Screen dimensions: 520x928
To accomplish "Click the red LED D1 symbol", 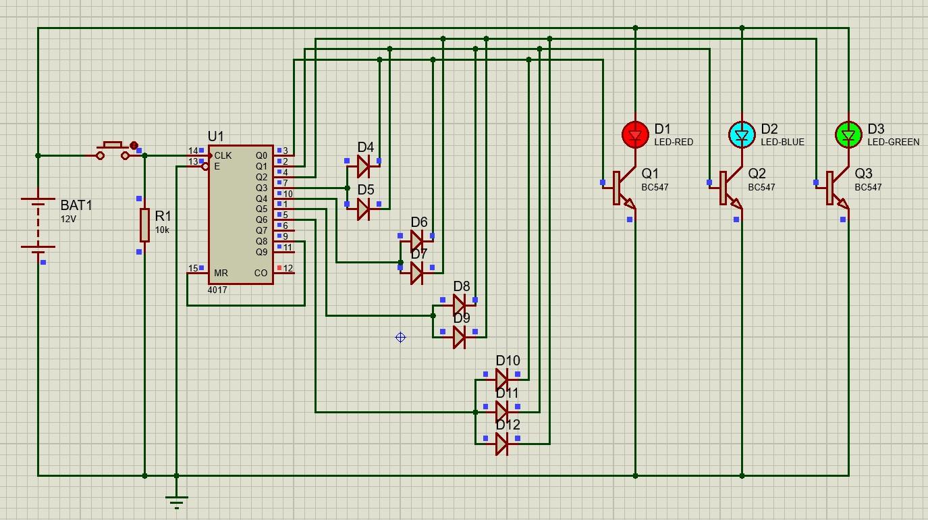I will [x=634, y=135].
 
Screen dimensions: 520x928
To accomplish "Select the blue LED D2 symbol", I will [x=742, y=135].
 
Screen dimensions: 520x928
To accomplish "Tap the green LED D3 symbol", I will [x=848, y=135].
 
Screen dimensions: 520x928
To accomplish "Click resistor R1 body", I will [x=144, y=225].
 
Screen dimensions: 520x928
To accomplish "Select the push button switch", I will [x=113, y=151].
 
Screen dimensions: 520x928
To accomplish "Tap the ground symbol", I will [x=176, y=501].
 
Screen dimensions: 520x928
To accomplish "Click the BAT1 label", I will [x=76, y=205].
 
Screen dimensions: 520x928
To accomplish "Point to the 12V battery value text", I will [x=68, y=219].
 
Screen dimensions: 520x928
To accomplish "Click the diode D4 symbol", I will [x=364, y=166].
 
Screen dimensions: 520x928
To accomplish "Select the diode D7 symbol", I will [x=417, y=273].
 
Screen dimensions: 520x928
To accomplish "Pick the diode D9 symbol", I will [x=460, y=337].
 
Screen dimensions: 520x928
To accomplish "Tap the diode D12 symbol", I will [x=501, y=444].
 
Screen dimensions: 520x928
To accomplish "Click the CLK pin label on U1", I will [x=223, y=156].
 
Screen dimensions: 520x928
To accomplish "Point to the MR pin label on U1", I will [x=221, y=274].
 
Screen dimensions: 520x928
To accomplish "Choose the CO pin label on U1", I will [x=261, y=274].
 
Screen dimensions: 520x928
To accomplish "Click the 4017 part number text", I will [x=217, y=290].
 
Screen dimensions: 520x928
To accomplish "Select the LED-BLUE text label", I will [x=782, y=142].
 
